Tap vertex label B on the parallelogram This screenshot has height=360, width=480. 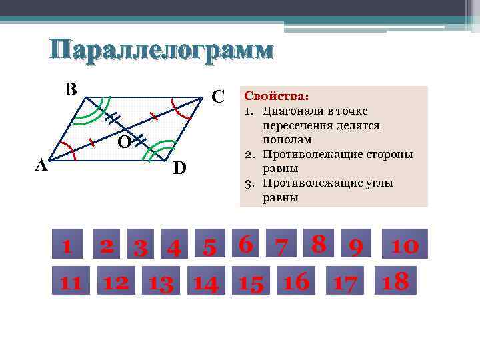(x=71, y=89)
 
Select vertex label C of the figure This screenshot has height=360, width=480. (x=217, y=96)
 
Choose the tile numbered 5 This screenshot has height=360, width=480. (x=209, y=247)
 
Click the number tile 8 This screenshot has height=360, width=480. (x=318, y=244)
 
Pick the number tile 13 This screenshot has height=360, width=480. (x=161, y=283)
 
